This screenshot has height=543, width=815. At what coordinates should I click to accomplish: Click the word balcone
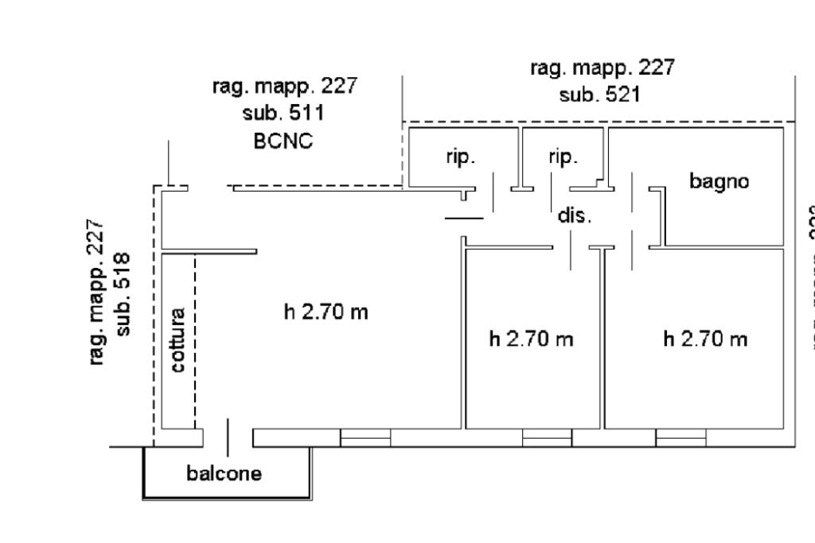pos(224,475)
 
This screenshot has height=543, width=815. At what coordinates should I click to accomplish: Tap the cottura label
pos(178,339)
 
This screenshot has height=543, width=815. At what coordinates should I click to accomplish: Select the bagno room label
pos(719,181)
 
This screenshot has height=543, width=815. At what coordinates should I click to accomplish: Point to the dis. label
pos(574,215)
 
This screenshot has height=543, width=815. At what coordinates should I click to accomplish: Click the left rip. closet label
pos(460,157)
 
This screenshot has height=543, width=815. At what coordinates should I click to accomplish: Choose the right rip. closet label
pos(563,157)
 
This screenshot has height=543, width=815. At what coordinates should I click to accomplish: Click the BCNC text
pos(283,141)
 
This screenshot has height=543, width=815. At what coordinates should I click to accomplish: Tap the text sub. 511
pos(283,113)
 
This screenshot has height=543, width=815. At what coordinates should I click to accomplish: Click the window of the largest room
pos(365,438)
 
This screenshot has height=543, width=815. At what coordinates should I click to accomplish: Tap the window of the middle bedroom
pos(547,438)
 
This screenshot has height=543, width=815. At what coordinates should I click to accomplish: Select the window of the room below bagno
pos(680,438)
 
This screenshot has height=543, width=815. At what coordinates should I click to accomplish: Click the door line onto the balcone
pos(229,438)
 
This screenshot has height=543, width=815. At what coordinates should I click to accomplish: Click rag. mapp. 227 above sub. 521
pos(602,68)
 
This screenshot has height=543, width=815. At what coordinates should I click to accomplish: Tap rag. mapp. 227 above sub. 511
pos(284,86)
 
